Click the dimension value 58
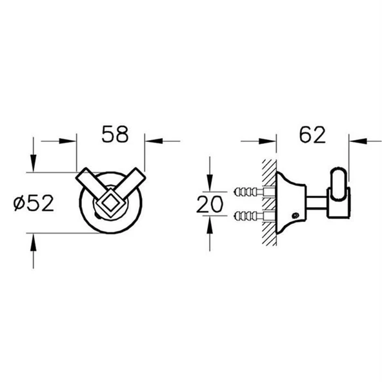click(x=115, y=134)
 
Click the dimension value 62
click(x=312, y=135)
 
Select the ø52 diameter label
click(x=34, y=203)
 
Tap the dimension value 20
click(x=210, y=204)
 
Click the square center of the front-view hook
click(x=110, y=203)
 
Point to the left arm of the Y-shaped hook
click(x=89, y=182)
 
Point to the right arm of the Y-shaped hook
click(x=131, y=181)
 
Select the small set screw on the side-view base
click(x=296, y=216)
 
